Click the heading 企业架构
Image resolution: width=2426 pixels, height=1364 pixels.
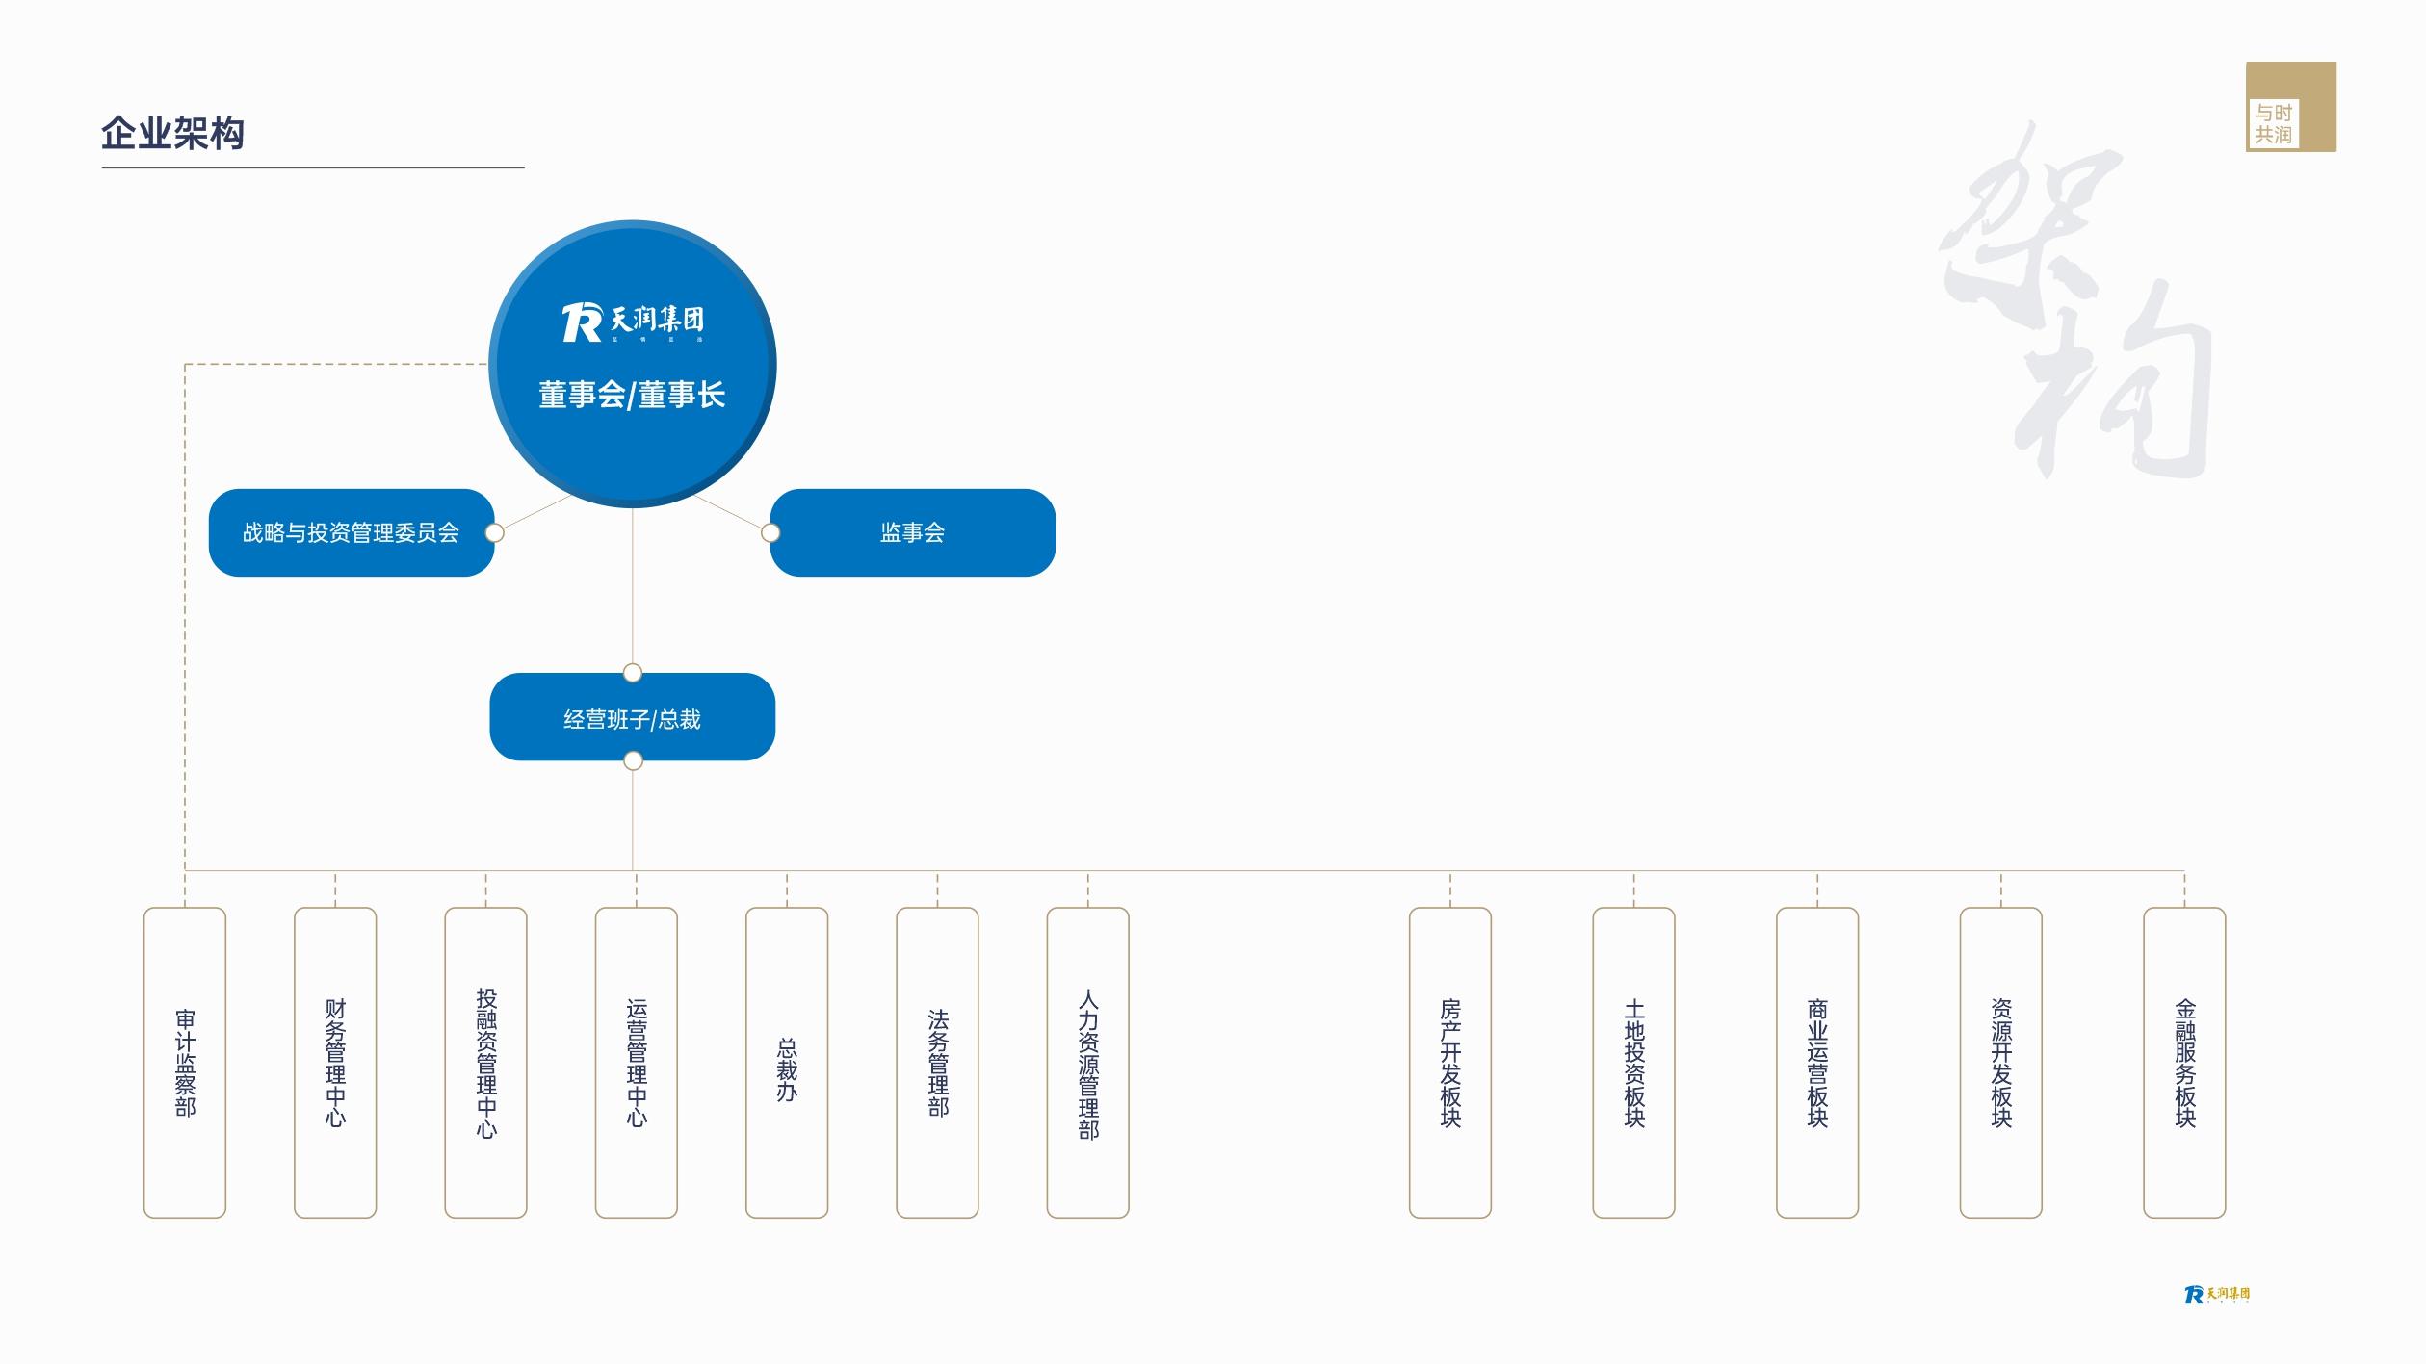click(x=173, y=133)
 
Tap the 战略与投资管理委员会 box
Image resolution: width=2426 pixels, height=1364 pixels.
click(x=351, y=532)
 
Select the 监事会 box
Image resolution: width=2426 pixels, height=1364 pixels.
click(x=912, y=532)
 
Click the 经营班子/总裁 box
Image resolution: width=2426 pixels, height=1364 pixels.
click(x=632, y=718)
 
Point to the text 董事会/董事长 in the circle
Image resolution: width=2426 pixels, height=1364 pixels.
click(x=632, y=395)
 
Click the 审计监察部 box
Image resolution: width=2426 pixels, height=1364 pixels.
click(x=185, y=1062)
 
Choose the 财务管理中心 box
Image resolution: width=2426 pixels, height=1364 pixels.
click(x=335, y=1062)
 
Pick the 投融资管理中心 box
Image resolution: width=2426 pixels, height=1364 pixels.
click(x=485, y=1062)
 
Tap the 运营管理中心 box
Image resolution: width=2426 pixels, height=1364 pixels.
click(x=637, y=1062)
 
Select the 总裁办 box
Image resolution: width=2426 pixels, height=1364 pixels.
click(x=787, y=1062)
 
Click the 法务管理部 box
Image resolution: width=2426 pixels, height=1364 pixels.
click(x=937, y=1062)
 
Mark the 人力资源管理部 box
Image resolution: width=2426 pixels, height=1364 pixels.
click(x=1087, y=1062)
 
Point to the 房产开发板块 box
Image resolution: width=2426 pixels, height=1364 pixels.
click(x=1450, y=1062)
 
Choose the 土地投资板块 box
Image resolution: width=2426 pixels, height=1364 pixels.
click(x=1633, y=1062)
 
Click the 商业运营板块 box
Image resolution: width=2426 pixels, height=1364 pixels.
click(x=1817, y=1062)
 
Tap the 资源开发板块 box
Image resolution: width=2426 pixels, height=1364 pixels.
click(x=2001, y=1062)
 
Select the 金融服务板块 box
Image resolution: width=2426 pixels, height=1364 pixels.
click(x=2184, y=1062)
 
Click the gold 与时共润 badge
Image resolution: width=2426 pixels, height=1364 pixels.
click(x=2290, y=107)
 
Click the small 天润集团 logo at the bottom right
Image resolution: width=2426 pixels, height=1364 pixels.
click(x=2217, y=1295)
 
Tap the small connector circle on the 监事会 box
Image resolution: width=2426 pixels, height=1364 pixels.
click(x=770, y=532)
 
